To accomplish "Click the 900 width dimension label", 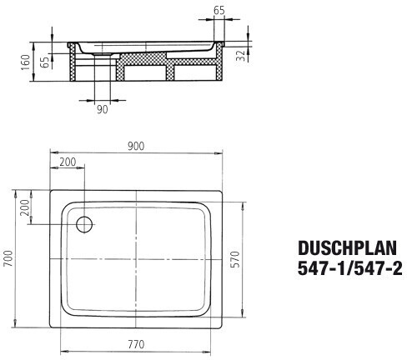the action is click(136, 146).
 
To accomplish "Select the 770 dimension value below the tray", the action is click(136, 344).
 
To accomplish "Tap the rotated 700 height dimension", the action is click(8, 258).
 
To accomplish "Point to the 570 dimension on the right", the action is click(235, 259).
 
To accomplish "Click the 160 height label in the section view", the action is click(26, 62).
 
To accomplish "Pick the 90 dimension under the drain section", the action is click(102, 109).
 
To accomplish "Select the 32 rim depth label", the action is click(241, 56).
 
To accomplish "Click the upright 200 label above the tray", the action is click(68, 162).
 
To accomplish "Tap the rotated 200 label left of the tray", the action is click(25, 207).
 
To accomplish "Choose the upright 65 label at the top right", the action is click(219, 11).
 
